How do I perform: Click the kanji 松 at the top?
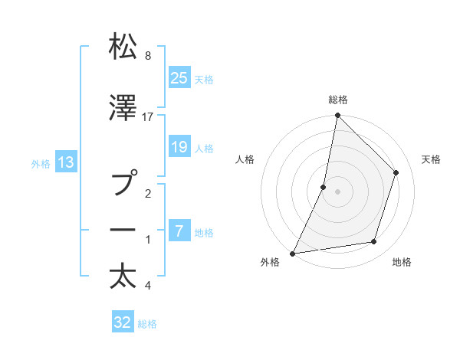[123, 47]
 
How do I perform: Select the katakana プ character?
[123, 185]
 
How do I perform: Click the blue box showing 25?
[179, 77]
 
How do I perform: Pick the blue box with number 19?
[179, 148]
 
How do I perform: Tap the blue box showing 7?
[179, 231]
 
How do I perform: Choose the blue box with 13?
[66, 162]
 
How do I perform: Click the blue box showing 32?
[123, 322]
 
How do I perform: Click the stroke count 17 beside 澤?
[148, 117]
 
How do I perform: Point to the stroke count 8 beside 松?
[148, 56]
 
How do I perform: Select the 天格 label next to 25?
[204, 79]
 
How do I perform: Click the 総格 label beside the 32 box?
[148, 324]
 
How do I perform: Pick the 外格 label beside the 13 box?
[41, 163]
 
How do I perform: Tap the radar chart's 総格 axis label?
[337, 100]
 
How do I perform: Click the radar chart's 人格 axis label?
[245, 159]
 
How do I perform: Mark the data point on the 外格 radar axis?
[292, 253]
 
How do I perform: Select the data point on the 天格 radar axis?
[396, 172]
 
